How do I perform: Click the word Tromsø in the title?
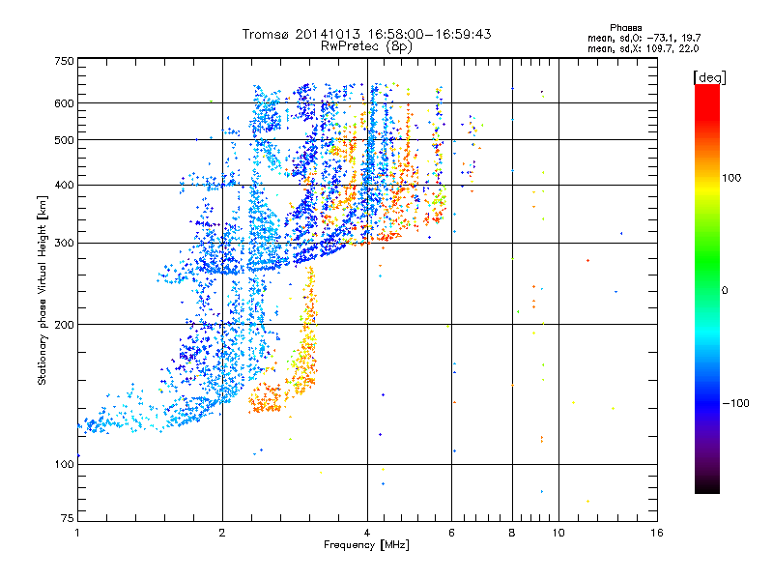268,34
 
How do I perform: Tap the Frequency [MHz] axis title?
366,545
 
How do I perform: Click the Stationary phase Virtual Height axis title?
43,290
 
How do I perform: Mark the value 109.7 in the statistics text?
654,47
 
